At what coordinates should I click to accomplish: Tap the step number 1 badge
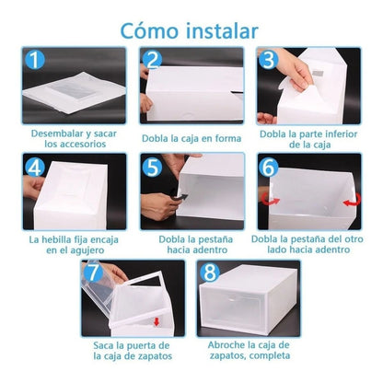coord(35,62)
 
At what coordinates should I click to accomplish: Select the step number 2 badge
coord(154,62)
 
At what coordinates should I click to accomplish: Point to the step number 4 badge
coord(35,168)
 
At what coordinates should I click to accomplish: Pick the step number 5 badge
coord(154,168)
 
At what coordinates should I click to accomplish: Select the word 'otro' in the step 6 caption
coord(350,239)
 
